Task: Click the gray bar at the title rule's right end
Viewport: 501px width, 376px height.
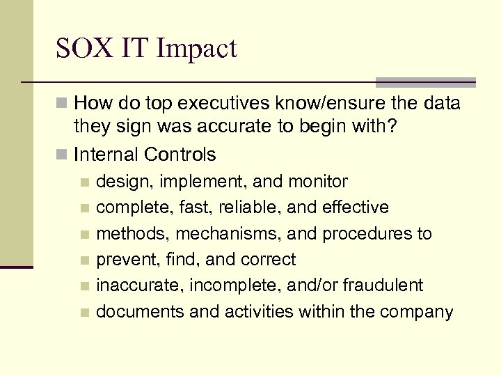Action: (426, 82)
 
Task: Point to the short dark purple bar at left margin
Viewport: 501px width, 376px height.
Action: (16, 266)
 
